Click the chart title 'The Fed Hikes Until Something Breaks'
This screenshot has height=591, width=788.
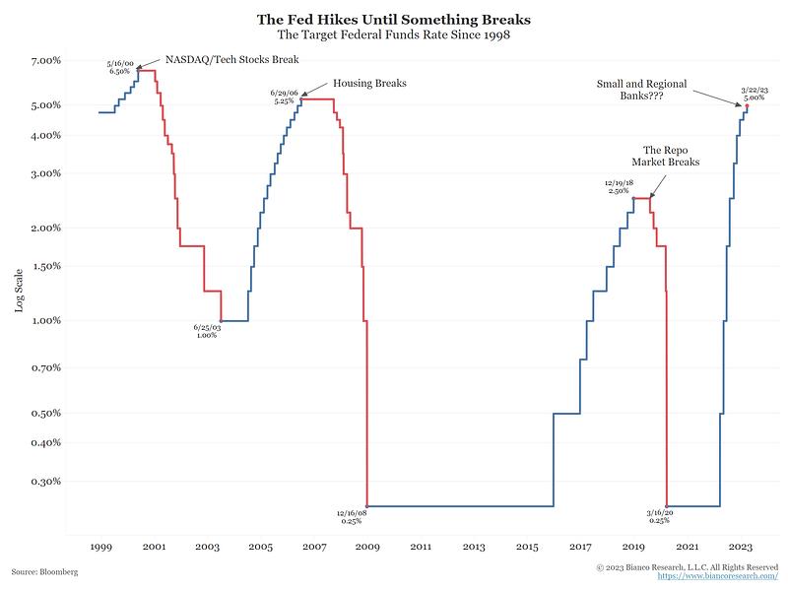pyautogui.click(x=394, y=19)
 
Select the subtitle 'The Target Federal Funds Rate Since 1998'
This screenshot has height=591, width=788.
pyautogui.click(x=394, y=35)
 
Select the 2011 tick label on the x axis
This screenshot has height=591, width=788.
pyautogui.click(x=421, y=546)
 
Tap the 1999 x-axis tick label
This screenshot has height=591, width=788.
pyautogui.click(x=99, y=546)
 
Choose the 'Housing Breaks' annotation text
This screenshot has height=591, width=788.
pyautogui.click(x=369, y=84)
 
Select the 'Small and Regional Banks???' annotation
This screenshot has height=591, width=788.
pyautogui.click(x=641, y=91)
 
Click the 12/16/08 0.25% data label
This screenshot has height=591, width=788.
pyautogui.click(x=352, y=516)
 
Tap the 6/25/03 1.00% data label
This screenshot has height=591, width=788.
pyautogui.click(x=207, y=331)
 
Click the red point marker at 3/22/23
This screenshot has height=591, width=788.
pyautogui.click(x=747, y=105)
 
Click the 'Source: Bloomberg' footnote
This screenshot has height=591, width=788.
pyautogui.click(x=44, y=571)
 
